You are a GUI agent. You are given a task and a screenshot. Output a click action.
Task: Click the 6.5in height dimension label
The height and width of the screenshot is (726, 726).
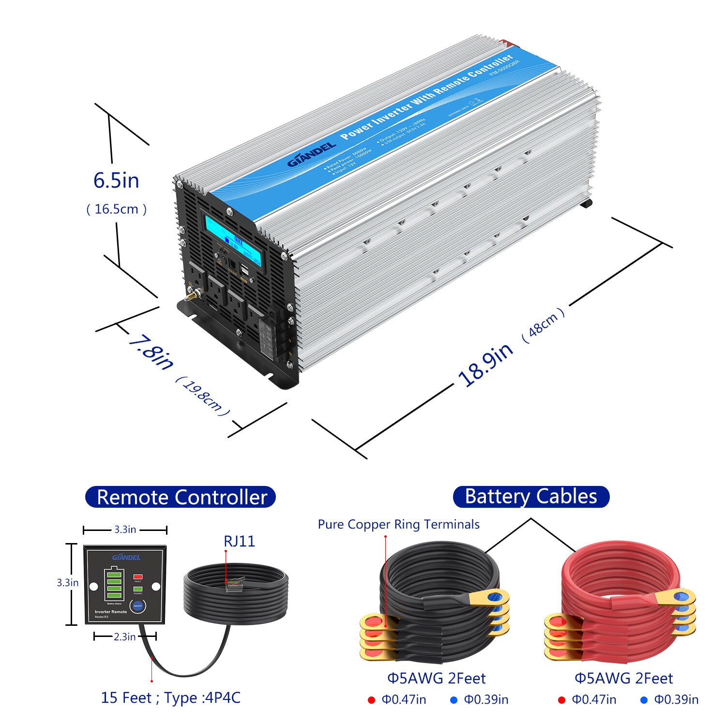point(116,181)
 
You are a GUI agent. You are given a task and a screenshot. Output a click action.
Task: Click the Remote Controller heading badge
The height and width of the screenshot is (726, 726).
point(181,497)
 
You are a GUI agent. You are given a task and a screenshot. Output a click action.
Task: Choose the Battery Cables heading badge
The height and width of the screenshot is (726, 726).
point(531,497)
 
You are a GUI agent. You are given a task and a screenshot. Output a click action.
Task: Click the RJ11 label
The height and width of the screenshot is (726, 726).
point(239,541)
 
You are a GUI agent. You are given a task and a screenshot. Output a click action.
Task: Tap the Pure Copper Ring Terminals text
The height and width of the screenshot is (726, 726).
point(398,524)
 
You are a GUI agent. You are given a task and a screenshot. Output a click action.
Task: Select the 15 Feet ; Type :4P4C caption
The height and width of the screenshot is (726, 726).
point(170,697)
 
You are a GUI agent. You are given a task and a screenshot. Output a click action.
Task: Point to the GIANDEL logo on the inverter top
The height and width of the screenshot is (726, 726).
point(311,154)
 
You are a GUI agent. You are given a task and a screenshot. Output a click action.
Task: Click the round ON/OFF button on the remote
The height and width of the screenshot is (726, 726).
point(138,606)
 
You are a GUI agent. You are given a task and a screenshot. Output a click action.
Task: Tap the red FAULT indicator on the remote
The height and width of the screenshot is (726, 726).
point(138,577)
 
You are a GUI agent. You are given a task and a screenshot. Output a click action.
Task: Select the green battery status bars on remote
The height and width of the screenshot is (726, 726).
point(114,585)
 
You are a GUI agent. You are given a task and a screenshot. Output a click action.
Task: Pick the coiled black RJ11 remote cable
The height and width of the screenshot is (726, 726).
point(236,593)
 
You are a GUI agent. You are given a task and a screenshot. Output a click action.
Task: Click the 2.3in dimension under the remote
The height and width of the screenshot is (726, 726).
point(124,636)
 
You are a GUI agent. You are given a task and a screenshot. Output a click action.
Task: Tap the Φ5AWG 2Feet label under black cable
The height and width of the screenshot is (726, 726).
point(436,678)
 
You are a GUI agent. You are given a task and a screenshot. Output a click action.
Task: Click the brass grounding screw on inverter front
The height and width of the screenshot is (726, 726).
point(192,294)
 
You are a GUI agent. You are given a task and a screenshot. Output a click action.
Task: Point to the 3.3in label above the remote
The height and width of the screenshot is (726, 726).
point(125,529)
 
